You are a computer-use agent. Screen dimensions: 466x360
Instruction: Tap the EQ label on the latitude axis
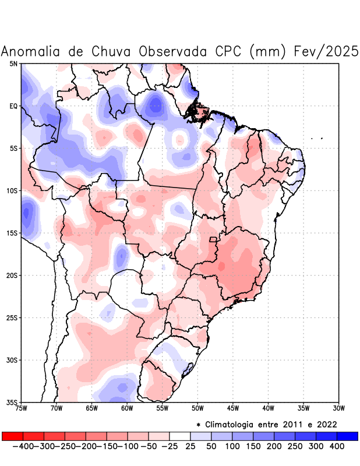click(13, 106)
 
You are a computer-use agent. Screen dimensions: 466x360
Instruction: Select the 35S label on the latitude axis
click(12, 403)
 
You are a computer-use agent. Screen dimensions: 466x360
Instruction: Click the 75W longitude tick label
click(22, 408)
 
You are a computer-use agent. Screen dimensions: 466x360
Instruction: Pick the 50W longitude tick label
click(197, 408)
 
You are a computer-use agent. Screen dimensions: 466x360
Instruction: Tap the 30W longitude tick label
click(338, 408)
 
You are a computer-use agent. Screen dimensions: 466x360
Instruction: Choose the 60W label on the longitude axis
click(127, 408)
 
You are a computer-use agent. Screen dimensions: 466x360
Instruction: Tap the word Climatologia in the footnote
click(232, 424)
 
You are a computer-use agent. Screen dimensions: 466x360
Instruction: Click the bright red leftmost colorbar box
click(12, 436)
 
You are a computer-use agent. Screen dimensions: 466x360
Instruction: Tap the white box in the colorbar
click(179, 436)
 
